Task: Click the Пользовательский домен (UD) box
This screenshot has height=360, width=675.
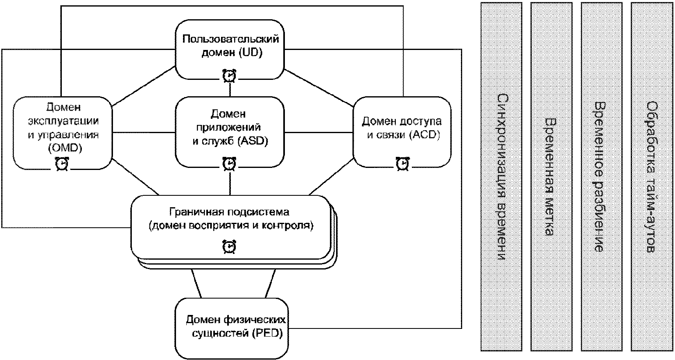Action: (230, 50)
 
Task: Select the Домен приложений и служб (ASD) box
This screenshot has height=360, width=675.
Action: (230, 132)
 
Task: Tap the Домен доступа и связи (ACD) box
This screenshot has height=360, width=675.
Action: (402, 132)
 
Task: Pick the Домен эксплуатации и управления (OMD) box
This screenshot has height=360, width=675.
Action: (63, 133)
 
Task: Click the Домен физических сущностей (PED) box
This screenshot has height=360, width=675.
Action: (231, 328)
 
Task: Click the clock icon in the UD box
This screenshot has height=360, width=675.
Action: (230, 76)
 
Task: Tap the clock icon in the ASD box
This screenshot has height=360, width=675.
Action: (229, 164)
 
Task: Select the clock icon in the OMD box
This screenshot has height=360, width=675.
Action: (62, 164)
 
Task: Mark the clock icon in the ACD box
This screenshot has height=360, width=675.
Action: (403, 164)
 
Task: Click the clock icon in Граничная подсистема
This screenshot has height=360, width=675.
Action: (229, 247)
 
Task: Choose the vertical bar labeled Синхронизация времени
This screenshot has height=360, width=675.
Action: (501, 177)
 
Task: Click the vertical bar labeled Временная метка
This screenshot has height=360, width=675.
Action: (551, 177)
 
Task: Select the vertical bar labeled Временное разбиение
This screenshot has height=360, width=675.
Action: (601, 177)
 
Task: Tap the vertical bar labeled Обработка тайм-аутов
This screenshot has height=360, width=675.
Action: (652, 177)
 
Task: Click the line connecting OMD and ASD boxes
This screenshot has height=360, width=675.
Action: (144, 132)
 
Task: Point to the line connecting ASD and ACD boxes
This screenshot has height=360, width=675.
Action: (318, 132)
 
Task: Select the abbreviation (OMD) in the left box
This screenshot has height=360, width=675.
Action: (65, 148)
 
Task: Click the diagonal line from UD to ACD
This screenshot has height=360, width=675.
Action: (319, 88)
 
